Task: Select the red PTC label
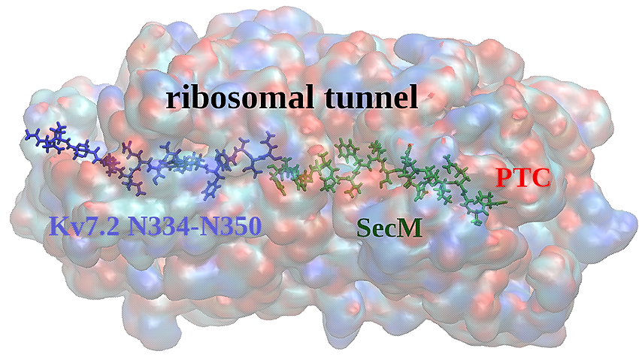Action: pyautogui.click(x=523, y=178)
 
